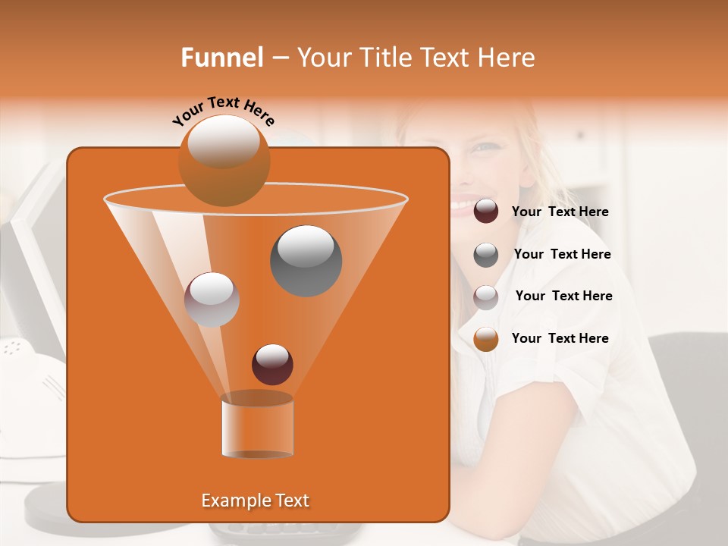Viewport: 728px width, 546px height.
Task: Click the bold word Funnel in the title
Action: click(x=222, y=58)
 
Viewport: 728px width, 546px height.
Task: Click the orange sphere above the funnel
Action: click(x=224, y=160)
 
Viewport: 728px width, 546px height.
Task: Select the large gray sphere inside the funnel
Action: click(x=306, y=260)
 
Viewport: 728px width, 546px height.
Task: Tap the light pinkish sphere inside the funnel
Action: click(x=212, y=300)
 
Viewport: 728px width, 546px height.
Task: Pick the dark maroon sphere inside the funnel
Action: click(x=272, y=364)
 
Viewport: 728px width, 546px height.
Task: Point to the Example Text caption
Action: click(x=256, y=500)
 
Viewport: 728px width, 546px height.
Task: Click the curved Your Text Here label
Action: click(x=223, y=110)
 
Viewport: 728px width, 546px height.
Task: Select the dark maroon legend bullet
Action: click(x=486, y=212)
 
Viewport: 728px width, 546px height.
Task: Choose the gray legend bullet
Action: click(x=486, y=255)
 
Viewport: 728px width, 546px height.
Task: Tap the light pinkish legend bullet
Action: click(x=486, y=297)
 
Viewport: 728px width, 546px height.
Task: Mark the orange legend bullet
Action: click(x=486, y=339)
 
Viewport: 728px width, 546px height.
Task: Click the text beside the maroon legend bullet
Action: click(x=560, y=212)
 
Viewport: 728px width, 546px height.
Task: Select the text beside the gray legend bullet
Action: click(x=562, y=255)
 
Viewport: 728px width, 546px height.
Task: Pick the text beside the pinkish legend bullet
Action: click(x=563, y=297)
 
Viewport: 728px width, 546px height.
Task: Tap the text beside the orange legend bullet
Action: click(x=560, y=338)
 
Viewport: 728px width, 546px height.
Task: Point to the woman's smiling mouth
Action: click(x=463, y=205)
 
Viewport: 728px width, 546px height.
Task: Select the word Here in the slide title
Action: click(x=505, y=58)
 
